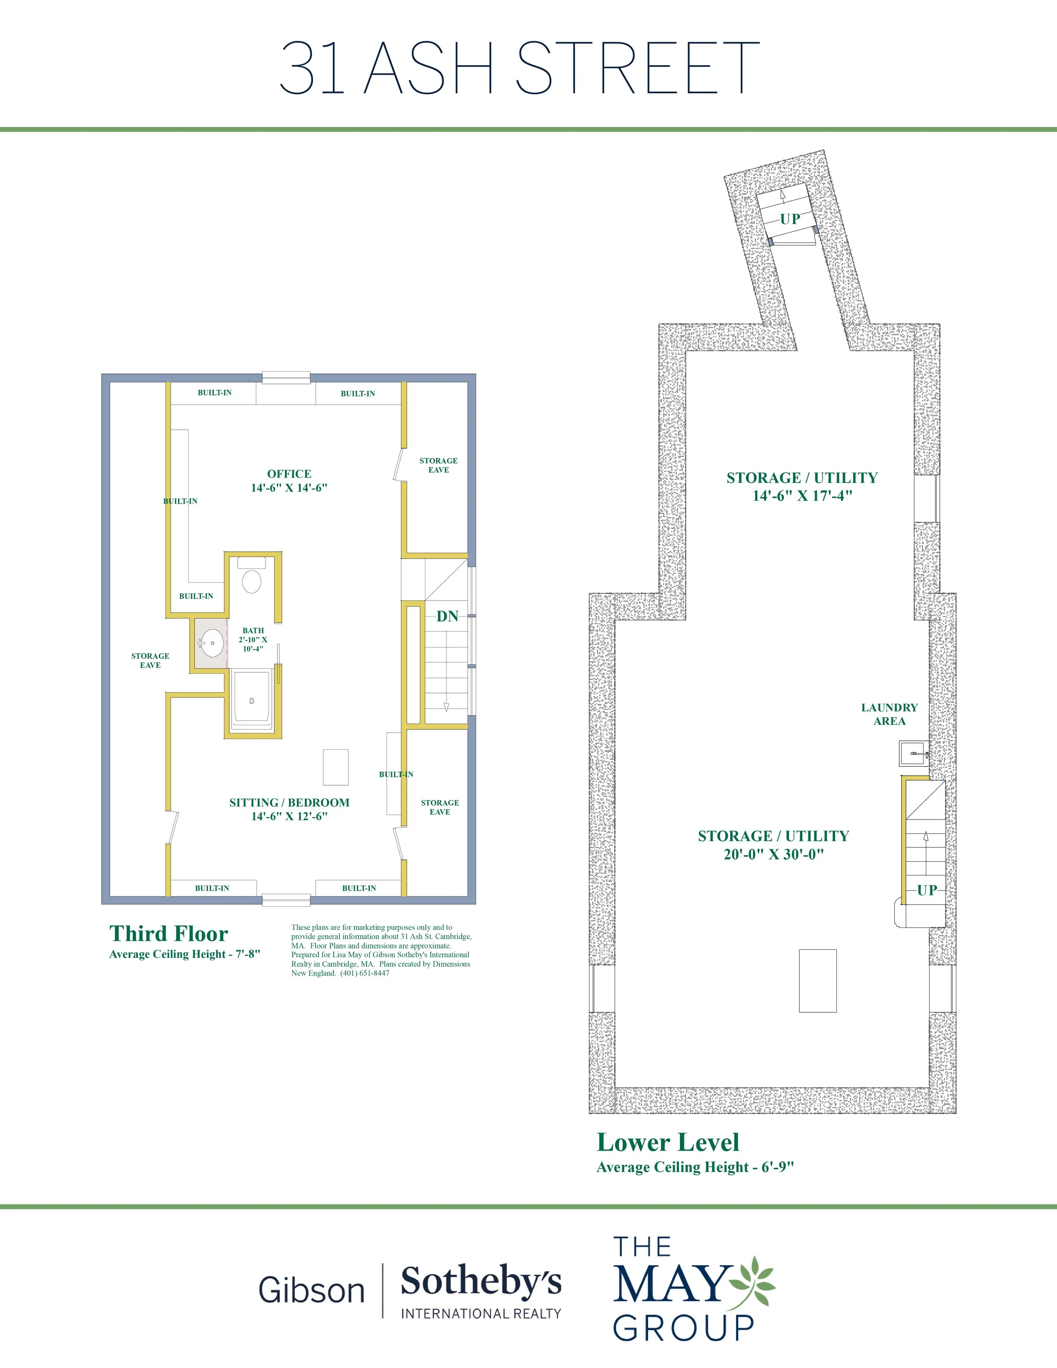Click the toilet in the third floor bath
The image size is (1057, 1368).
252,576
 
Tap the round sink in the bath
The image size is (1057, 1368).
212,643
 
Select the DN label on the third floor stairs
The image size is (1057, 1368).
447,617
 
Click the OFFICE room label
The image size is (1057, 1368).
289,474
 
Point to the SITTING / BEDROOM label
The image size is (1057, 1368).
289,802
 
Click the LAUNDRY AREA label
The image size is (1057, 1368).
889,714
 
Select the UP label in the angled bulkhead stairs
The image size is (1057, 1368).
790,219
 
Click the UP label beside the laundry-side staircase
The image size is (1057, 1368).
927,890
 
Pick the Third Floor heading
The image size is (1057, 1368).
168,933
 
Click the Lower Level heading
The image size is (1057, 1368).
668,1142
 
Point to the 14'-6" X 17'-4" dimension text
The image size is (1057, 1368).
802,496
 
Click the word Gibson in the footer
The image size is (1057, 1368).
311,1290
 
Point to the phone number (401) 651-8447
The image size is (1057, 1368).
365,973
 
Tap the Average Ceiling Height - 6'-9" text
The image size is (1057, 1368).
695,1167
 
